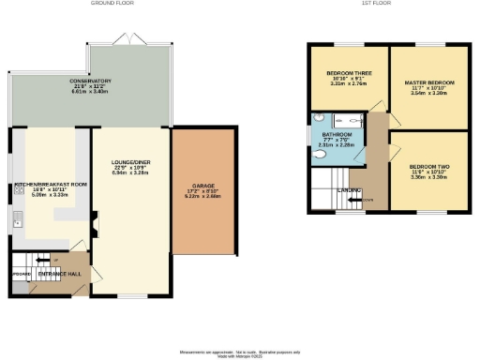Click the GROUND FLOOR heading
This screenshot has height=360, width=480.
point(112,4)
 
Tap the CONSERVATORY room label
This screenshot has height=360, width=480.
point(90,82)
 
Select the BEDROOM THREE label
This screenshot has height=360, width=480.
point(349,73)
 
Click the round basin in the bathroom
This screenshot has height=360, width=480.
point(320,119)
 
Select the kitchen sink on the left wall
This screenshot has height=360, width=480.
point(18,220)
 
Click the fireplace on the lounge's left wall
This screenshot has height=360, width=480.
point(94,222)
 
